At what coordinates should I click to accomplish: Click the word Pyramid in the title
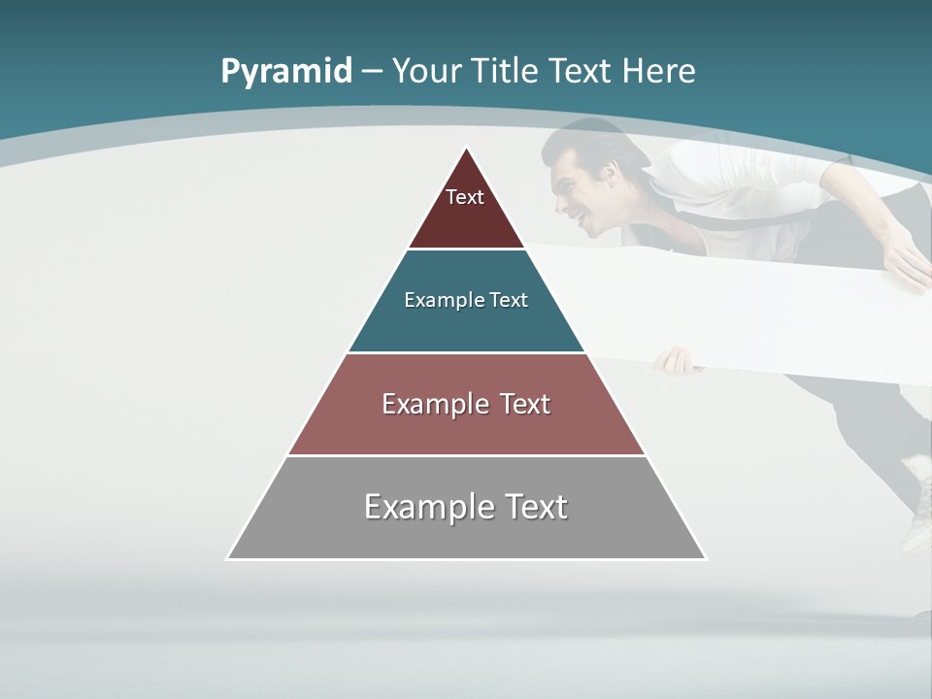286,72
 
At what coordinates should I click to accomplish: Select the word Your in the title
427,72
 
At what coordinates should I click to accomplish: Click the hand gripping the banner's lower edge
675,361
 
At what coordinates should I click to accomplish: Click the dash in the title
372,72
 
